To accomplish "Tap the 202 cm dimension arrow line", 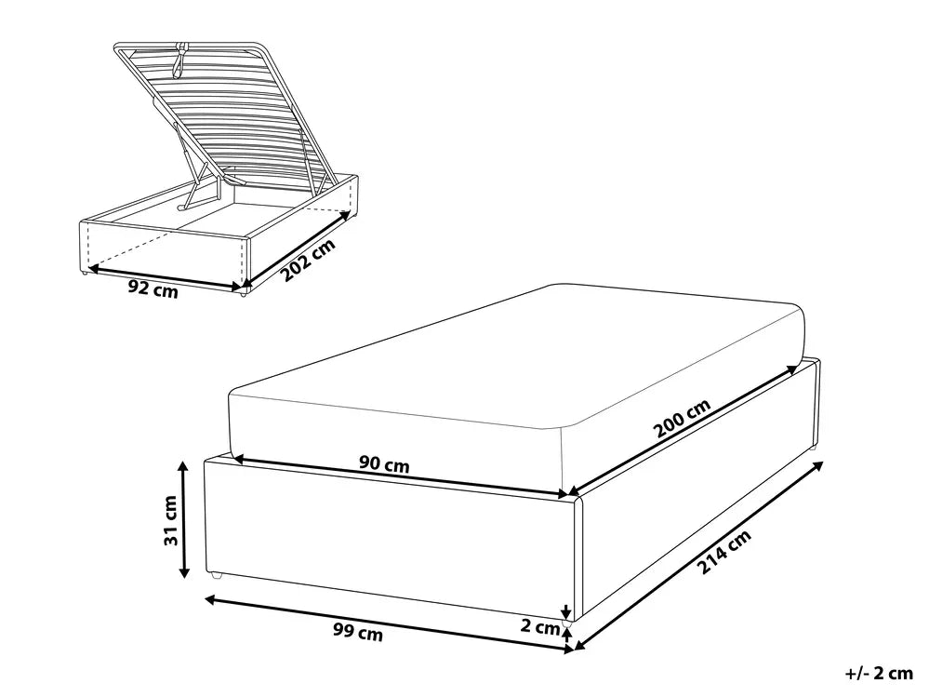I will [293, 247].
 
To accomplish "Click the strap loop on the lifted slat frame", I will [180, 60].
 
